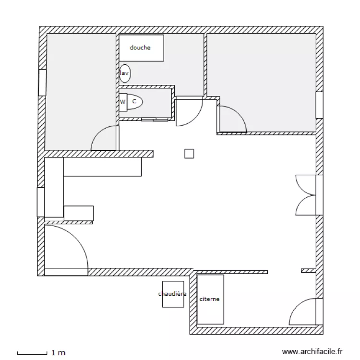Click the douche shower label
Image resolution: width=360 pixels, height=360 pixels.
[x=140, y=48]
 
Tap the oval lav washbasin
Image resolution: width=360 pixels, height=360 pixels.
[x=125, y=73]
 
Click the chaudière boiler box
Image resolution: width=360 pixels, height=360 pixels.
[x=173, y=294]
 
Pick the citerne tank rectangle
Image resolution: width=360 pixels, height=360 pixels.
[x=211, y=300]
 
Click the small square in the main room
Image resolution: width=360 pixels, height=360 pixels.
[x=189, y=154]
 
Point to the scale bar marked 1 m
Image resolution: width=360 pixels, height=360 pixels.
[x=33, y=353]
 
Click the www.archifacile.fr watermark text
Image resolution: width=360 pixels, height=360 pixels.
[x=312, y=352]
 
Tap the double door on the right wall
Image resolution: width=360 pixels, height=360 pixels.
[x=306, y=194]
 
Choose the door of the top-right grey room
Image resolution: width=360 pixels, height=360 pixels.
[x=231, y=119]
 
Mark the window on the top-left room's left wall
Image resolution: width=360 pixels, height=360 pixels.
[x=42, y=82]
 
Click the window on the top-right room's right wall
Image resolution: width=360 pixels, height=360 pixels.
[x=319, y=105]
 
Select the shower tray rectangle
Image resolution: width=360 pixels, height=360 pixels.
[x=141, y=48]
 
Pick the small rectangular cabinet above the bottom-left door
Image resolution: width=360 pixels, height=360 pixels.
[x=79, y=213]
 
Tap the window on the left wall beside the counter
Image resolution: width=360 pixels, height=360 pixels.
[x=41, y=202]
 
